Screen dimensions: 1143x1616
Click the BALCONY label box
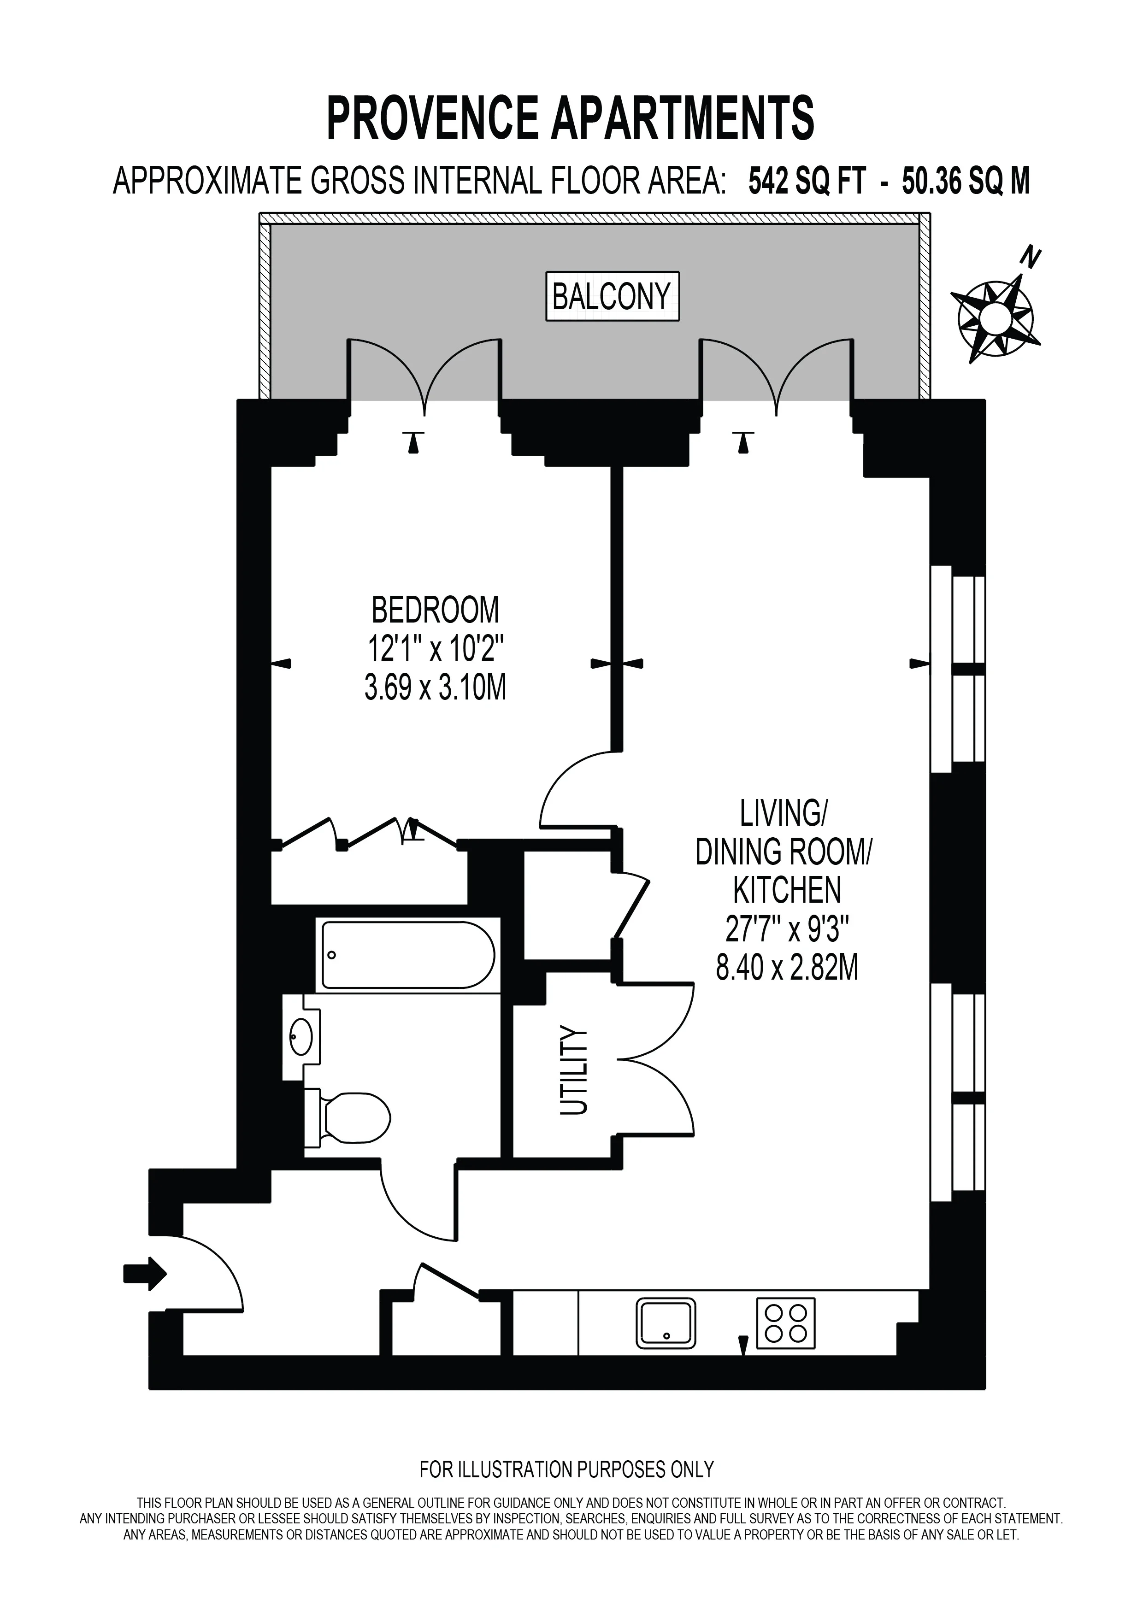[613, 296]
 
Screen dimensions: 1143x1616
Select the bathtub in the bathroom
[408, 955]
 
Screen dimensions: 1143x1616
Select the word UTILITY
[573, 1071]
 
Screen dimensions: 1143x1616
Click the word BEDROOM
[435, 610]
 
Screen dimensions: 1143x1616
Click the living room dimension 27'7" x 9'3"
[788, 930]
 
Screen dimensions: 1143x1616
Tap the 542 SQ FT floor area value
[806, 182]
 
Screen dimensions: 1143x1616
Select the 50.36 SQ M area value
[966, 182]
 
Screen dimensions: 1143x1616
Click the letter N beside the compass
[1032, 259]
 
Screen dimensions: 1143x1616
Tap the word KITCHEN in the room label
[787, 890]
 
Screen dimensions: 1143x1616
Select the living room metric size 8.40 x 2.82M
[788, 969]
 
